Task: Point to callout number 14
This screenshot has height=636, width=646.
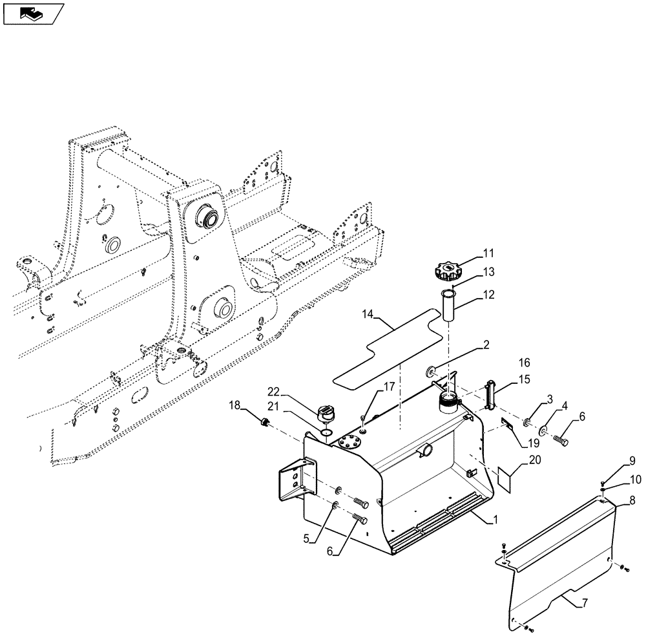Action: [368, 315]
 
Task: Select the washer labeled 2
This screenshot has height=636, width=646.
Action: [429, 372]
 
